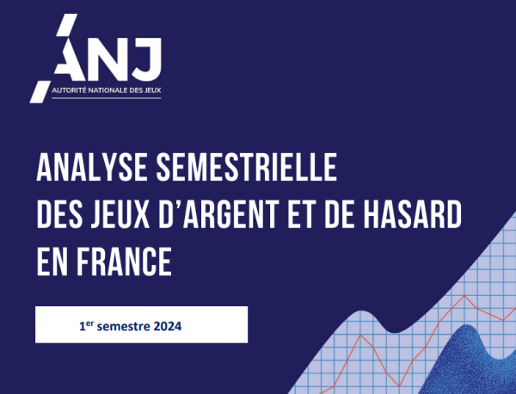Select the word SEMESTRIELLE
(247, 167)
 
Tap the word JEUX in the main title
(120, 214)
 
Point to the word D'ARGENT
(218, 214)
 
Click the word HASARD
(412, 214)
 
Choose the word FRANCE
(124, 262)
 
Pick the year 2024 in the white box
(168, 326)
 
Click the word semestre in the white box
(124, 327)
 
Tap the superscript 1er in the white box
(87, 325)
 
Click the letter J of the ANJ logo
(148, 59)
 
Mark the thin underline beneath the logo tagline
(107, 98)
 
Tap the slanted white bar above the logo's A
(66, 24)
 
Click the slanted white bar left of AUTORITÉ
(40, 91)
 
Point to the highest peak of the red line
(464, 296)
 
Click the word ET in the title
(301, 214)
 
